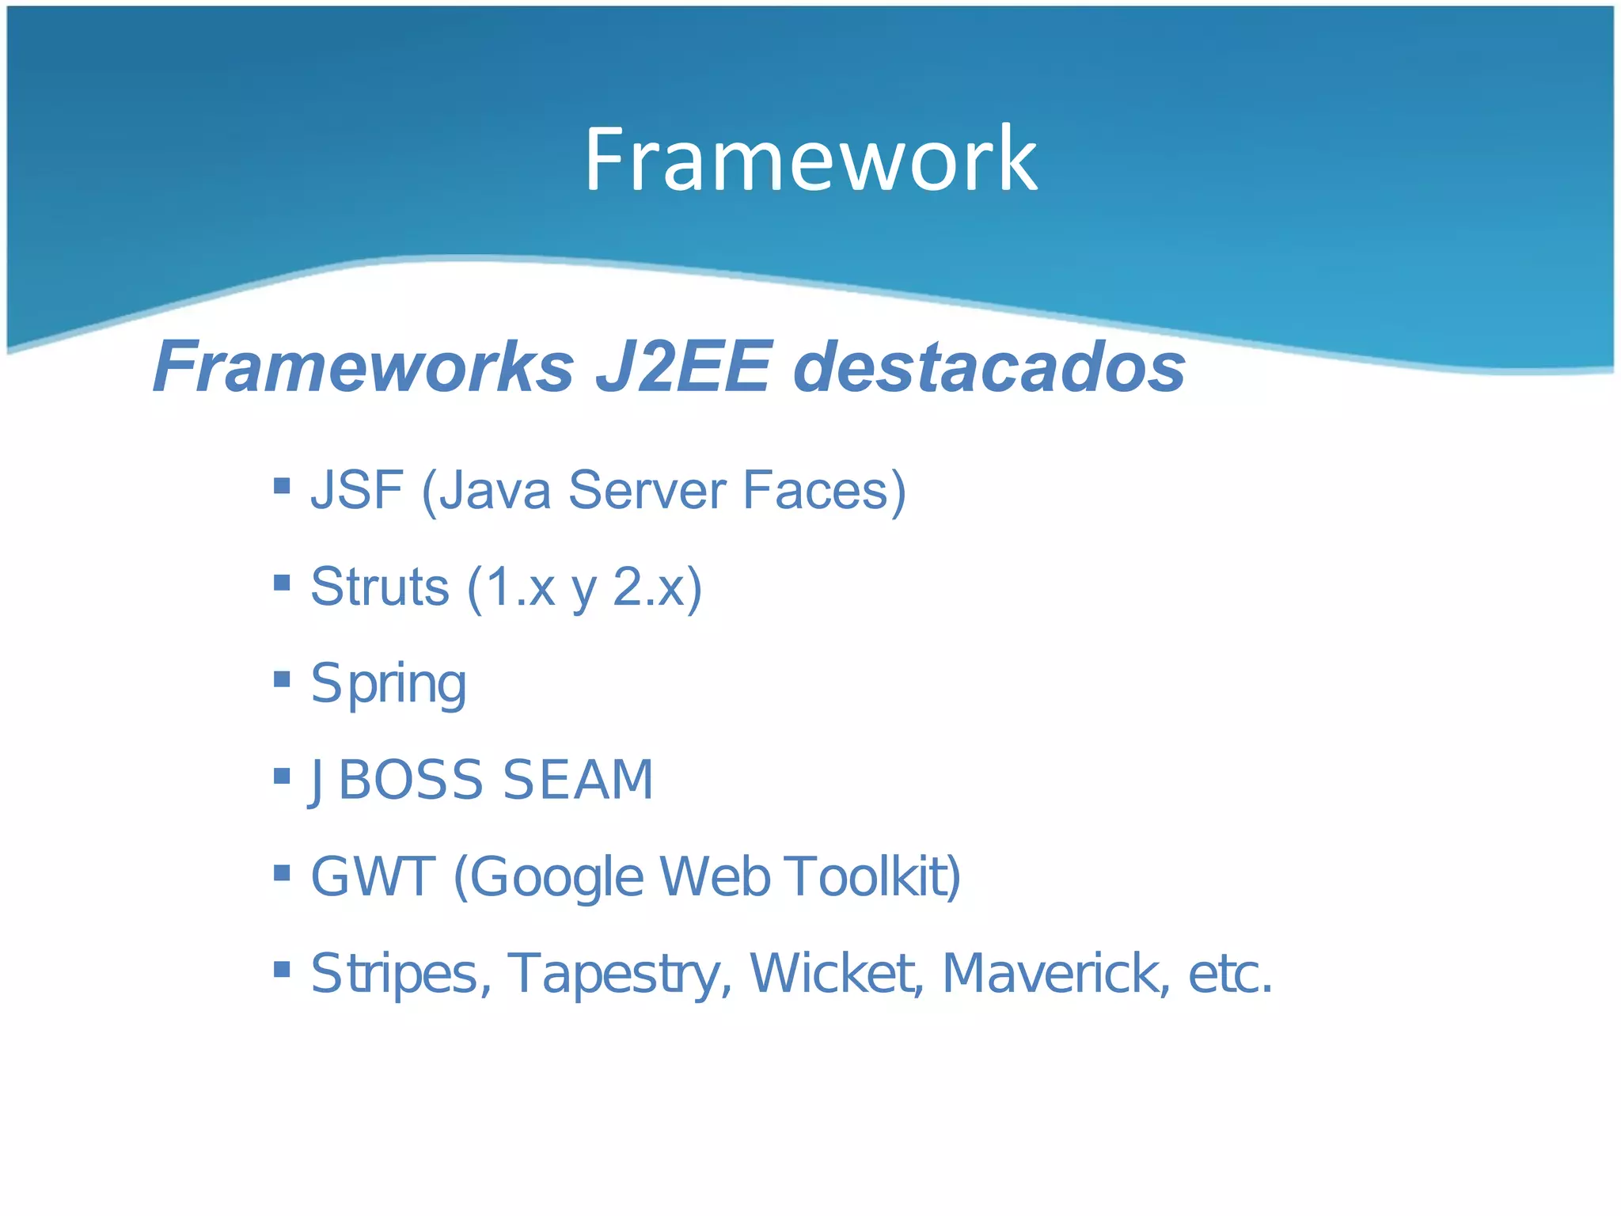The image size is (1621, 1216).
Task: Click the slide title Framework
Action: (x=810, y=160)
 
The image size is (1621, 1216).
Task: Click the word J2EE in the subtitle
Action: (x=682, y=367)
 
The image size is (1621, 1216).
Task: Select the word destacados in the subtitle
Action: (x=989, y=367)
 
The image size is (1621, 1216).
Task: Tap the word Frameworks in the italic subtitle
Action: (x=363, y=367)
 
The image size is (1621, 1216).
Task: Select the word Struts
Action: (x=380, y=587)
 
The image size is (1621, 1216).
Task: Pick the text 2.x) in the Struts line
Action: (x=657, y=587)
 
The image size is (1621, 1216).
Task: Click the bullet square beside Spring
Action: (x=282, y=678)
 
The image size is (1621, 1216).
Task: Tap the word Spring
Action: (x=389, y=684)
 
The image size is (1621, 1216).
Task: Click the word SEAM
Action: (x=578, y=780)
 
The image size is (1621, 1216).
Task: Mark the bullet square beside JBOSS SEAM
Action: (x=282, y=775)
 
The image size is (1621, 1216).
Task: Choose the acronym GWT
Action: (x=373, y=876)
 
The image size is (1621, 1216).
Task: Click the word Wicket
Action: (x=836, y=973)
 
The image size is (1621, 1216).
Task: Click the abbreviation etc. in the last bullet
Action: (x=1230, y=973)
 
